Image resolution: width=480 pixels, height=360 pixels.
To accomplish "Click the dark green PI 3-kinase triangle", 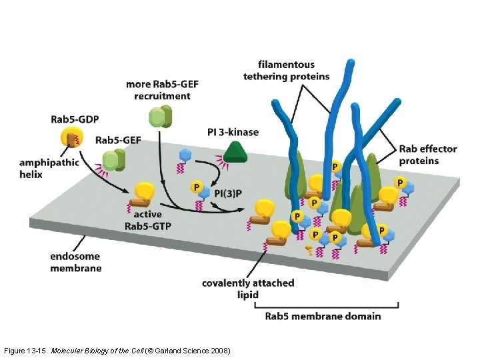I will (235, 154).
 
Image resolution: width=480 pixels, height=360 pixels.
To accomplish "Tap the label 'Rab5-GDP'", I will (75, 120).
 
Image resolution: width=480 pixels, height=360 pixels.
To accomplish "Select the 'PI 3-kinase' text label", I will (233, 132).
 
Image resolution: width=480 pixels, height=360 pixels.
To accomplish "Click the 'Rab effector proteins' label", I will (428, 155).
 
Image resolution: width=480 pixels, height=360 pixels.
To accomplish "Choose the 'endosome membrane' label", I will (76, 262).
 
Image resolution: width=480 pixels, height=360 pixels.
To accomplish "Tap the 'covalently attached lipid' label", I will (248, 289).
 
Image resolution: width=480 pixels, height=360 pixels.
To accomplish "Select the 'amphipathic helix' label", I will (49, 168).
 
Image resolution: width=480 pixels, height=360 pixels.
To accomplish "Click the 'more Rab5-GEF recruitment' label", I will (162, 90).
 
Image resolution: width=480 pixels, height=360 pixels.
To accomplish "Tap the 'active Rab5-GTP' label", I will (148, 221).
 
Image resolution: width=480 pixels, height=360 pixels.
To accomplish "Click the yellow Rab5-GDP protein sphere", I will (70, 138).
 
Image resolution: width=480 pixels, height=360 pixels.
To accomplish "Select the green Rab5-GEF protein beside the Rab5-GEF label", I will (115, 160).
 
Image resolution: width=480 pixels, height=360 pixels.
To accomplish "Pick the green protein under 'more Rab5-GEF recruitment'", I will (160, 117).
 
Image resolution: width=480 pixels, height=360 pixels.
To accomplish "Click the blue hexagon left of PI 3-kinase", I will (185, 155).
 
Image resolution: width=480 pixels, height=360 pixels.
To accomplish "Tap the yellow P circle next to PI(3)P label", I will (197, 188).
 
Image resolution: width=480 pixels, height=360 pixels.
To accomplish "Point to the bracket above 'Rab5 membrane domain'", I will (327, 305).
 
